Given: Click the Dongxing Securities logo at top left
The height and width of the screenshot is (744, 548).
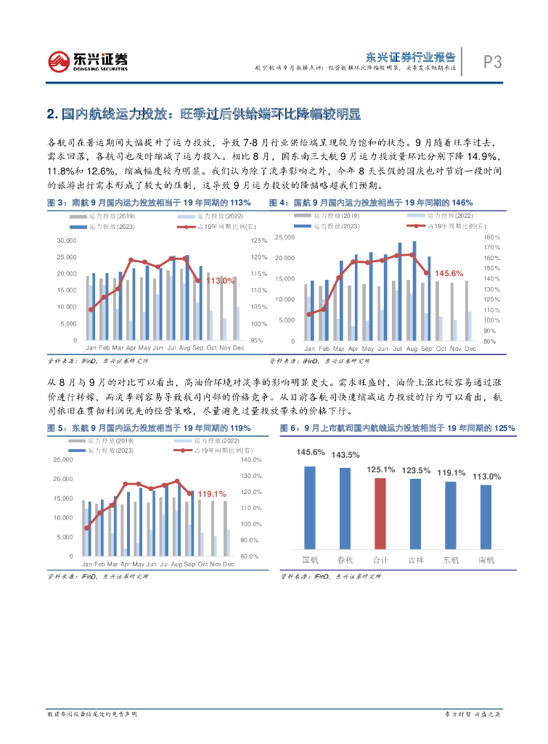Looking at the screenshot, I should coord(87,60).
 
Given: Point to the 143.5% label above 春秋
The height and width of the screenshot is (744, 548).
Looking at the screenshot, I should coord(345,455).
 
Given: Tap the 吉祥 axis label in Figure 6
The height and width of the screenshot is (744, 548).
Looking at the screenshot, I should coord(415,559).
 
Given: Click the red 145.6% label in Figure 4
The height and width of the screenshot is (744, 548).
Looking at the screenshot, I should coord(449,273).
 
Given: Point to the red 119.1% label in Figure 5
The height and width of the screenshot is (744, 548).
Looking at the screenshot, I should coord(211,493).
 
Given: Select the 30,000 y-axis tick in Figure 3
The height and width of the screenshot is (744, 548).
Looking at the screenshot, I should coord(66,240).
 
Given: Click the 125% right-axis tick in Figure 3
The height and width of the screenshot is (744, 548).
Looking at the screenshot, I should coord(258,240).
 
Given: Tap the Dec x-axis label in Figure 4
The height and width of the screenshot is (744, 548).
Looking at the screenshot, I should coord(470,349).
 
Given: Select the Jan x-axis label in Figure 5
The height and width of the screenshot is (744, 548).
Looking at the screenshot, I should coord(87,564).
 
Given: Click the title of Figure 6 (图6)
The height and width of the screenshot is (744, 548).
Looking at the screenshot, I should coord(398,428).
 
